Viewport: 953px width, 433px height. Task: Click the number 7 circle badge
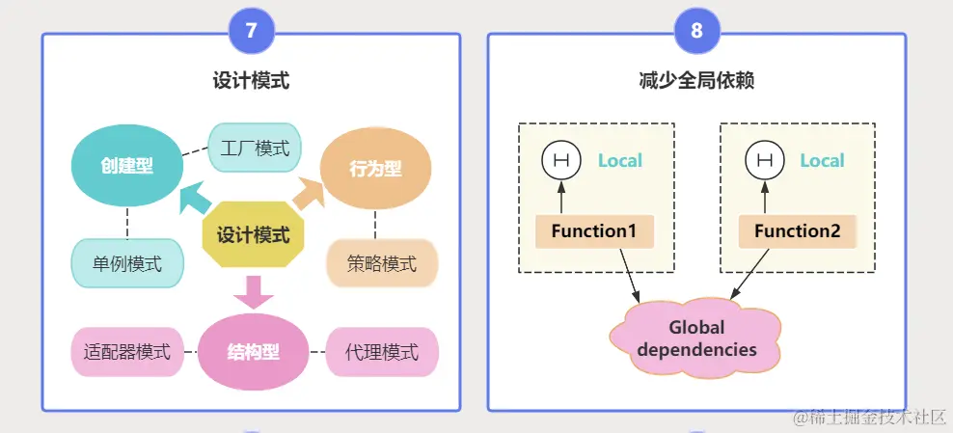click(x=252, y=31)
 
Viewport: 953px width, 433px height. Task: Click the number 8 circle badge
click(x=696, y=31)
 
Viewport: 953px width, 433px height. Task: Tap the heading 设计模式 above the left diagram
click(x=251, y=81)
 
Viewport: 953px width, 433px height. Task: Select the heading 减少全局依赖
click(x=696, y=81)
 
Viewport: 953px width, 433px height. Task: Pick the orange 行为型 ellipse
click(x=374, y=169)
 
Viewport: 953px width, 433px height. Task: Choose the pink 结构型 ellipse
click(x=253, y=352)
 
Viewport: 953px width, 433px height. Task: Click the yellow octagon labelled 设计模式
click(x=253, y=234)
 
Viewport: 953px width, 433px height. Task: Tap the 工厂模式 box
click(x=255, y=149)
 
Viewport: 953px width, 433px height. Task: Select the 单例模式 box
click(x=126, y=263)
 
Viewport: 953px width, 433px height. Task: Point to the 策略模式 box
click(x=382, y=263)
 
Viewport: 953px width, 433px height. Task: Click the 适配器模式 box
click(x=126, y=352)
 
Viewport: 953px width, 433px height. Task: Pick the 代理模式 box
click(x=382, y=352)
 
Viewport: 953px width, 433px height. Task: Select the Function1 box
click(x=594, y=231)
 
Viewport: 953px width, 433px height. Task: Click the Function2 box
click(x=797, y=231)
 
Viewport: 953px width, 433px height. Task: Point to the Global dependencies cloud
click(x=696, y=338)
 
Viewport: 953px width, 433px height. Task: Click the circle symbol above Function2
click(x=765, y=161)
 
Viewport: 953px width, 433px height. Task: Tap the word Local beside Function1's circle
click(x=619, y=161)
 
